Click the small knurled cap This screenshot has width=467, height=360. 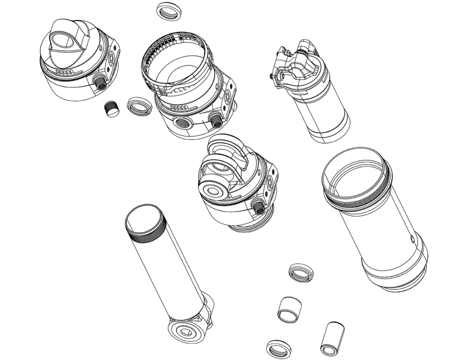(111, 109)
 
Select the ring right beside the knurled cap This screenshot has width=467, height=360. (139, 106)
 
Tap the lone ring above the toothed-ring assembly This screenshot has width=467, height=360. (168, 11)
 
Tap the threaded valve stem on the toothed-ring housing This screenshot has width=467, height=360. (215, 119)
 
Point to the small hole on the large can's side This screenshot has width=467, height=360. (413, 238)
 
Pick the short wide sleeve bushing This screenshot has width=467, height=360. (289, 308)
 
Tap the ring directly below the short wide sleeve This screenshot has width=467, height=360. (278, 348)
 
